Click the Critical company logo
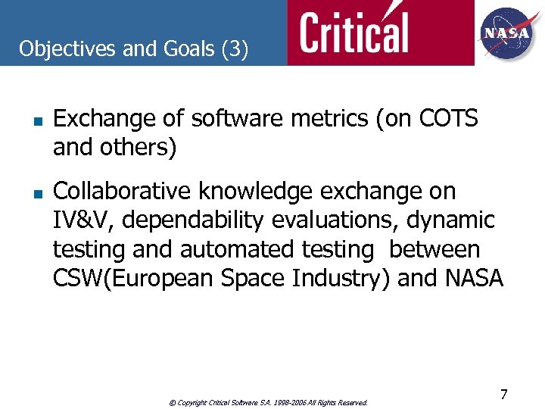coord(353,33)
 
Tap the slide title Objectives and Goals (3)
coord(133,49)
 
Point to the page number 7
coord(503,394)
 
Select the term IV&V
coord(84,220)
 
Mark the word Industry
coord(331,278)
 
